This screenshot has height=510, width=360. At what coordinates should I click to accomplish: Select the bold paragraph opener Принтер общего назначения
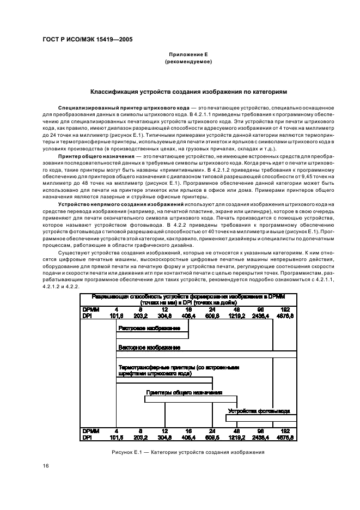pos(91,156)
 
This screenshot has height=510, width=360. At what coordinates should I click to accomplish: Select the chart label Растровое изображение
pos(149,329)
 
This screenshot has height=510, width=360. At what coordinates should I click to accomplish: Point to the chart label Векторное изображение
pos(149,347)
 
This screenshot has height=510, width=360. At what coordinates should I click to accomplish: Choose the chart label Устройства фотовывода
pos(259,411)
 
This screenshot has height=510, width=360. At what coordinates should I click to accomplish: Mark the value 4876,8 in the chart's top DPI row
pos(285,315)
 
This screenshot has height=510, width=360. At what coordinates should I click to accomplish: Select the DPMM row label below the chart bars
pos(90,430)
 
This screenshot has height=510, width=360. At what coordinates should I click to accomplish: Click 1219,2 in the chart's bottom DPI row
pos(236,437)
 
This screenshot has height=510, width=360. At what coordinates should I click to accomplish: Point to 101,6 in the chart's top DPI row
pos(117,315)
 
